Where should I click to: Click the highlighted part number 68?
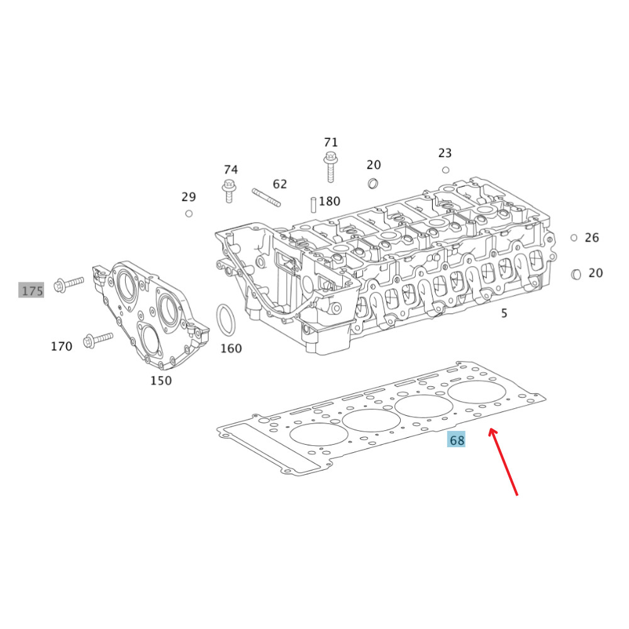(x=457, y=440)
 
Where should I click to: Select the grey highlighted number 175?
(x=32, y=291)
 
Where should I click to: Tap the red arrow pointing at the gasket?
(x=503, y=462)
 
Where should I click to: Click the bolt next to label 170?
(x=97, y=340)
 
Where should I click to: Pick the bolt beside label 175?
(x=69, y=284)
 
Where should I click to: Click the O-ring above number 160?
(x=226, y=320)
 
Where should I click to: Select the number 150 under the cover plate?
(x=161, y=381)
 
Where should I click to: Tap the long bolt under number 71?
(x=330, y=167)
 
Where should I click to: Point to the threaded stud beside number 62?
(x=266, y=197)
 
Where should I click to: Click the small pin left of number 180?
(x=313, y=204)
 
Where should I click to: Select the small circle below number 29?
(x=189, y=213)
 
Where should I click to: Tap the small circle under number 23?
(x=445, y=170)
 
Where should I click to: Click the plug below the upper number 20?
(x=372, y=183)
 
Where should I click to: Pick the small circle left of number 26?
(x=574, y=238)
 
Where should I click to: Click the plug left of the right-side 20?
(x=576, y=274)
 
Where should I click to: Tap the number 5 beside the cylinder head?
(x=504, y=313)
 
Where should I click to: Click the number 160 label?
(x=231, y=348)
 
